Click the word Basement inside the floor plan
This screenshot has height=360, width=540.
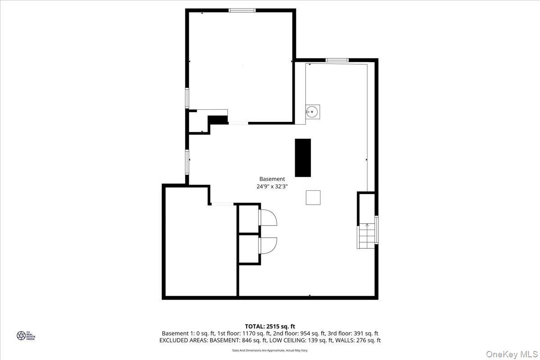272,179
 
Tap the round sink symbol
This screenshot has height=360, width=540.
313,110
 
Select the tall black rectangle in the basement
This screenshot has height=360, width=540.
302,157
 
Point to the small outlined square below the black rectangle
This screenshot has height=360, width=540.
313,198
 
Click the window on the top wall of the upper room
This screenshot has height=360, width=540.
242,10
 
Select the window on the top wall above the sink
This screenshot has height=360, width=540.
337,60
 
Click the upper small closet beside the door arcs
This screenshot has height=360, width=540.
248,219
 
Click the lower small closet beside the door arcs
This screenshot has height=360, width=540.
248,249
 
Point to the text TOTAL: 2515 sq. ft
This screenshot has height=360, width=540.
270,326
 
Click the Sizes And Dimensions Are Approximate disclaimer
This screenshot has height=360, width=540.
270,350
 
